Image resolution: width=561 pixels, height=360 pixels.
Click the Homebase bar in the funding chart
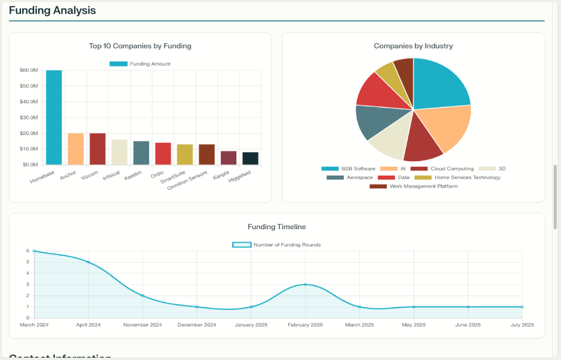[x=54, y=117]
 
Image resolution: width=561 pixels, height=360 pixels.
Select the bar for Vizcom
[x=97, y=149]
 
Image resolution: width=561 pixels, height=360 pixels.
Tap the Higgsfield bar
[x=251, y=158]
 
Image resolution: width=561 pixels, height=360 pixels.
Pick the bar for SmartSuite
[x=185, y=154]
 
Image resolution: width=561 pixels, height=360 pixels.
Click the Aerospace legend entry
[x=350, y=177]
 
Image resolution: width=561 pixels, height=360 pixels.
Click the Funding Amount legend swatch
[x=118, y=64]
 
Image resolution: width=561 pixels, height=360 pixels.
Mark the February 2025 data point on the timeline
[x=306, y=284]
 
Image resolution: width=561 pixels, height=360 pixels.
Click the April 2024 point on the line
[x=88, y=262]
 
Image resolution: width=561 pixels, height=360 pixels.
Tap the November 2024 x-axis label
[x=143, y=325]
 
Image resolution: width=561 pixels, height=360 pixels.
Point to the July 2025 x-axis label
[x=522, y=325]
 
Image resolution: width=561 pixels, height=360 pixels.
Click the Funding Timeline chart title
[x=277, y=227]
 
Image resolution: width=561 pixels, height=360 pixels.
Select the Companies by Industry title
[x=413, y=46]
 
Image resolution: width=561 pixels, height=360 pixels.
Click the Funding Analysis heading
[x=53, y=11]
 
